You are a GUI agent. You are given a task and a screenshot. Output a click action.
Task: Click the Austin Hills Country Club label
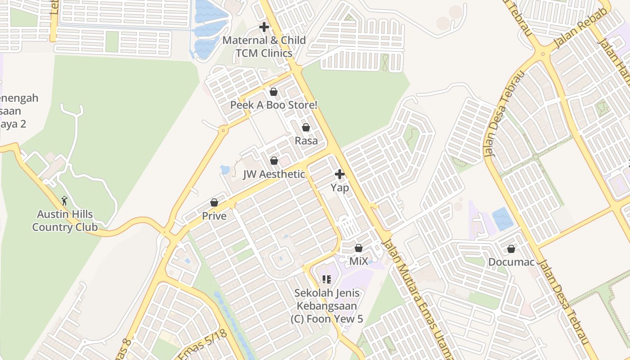65,220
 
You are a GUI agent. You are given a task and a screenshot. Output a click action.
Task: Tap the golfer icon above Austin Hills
64,200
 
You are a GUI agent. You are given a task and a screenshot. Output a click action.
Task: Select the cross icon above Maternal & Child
264,27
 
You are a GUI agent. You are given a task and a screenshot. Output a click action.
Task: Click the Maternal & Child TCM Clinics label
264,46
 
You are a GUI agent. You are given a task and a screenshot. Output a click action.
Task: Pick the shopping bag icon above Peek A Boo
273,92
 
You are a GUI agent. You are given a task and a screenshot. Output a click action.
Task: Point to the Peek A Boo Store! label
274,105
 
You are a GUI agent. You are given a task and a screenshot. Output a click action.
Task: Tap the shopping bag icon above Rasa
306,128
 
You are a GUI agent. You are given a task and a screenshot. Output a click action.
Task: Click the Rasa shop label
306,141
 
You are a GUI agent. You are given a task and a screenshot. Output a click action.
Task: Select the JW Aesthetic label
274,174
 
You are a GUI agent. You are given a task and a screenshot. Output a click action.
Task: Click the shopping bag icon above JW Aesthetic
274,161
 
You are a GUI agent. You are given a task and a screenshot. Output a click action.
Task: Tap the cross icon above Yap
340,174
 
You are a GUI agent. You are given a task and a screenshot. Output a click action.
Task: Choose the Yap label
340,187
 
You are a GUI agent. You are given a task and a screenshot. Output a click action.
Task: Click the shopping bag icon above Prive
214,203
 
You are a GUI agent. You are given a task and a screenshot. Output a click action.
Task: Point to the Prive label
214,216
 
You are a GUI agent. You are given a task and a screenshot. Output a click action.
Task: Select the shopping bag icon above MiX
359,248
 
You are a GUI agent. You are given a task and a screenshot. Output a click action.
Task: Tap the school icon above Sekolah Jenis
327,279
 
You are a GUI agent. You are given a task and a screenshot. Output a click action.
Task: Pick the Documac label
511,261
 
